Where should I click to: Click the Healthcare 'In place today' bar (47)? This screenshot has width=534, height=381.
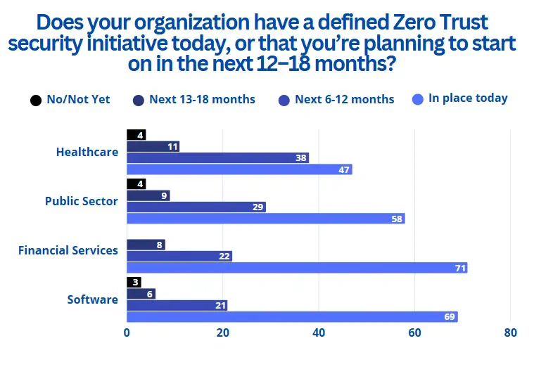coord(239,169)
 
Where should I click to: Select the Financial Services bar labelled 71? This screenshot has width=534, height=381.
coord(297,268)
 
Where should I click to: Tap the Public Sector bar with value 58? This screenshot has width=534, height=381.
coord(266,219)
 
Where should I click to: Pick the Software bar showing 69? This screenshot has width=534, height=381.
coord(292,317)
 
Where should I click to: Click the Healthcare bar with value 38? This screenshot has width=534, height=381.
coord(217,158)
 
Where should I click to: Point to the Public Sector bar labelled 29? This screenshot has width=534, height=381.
coord(196,207)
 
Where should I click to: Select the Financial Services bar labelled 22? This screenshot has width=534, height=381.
coord(179,257)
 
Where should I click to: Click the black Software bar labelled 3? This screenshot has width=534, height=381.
coord(134,283)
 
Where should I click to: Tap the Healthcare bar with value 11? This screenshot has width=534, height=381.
coord(153,146)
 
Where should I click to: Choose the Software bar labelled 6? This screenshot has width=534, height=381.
coord(141,294)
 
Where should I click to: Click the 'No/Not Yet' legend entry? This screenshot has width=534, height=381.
coord(70,100)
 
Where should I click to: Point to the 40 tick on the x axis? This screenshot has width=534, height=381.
coord(319,333)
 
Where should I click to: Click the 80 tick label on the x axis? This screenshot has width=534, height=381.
coord(511,333)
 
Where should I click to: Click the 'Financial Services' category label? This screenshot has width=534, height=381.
coord(68,250)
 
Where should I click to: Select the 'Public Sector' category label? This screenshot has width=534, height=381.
coord(82,201)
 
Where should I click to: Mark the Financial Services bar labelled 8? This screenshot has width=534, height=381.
coord(146,245)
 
